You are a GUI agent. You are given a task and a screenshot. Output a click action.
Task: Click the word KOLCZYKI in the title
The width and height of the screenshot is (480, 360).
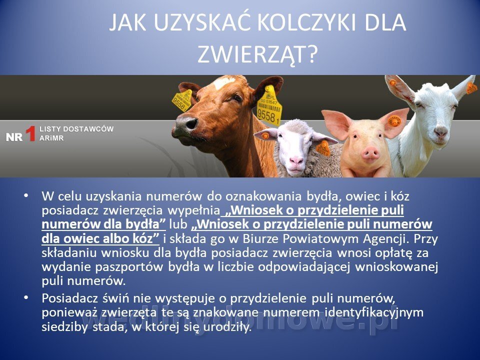pyautogui.click(x=306, y=22)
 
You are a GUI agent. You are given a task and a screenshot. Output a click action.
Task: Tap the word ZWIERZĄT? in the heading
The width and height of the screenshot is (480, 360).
pyautogui.click(x=256, y=54)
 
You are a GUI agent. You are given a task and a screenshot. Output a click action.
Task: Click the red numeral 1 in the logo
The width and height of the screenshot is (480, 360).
pyautogui.click(x=30, y=134)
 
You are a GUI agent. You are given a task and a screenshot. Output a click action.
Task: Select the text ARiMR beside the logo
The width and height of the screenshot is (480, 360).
pyautogui.click(x=51, y=138)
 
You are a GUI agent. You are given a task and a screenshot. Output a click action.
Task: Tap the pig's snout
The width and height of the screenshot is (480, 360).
pyautogui.click(x=370, y=152)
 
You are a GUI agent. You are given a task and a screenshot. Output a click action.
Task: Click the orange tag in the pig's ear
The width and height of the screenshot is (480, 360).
pyautogui.click(x=394, y=121)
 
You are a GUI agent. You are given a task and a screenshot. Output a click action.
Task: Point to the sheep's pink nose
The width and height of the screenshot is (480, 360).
pyautogui.click(x=296, y=160)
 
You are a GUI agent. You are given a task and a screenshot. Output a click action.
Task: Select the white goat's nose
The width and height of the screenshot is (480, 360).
pyautogui.click(x=441, y=131)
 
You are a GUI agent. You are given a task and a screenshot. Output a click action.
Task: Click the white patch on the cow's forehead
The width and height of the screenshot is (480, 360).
pyautogui.click(x=224, y=82)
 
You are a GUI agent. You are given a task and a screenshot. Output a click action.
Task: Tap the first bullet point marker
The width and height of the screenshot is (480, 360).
pyautogui.click(x=26, y=195)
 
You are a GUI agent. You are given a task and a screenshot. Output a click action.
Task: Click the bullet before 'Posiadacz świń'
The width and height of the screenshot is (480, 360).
pyautogui.click(x=26, y=297)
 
